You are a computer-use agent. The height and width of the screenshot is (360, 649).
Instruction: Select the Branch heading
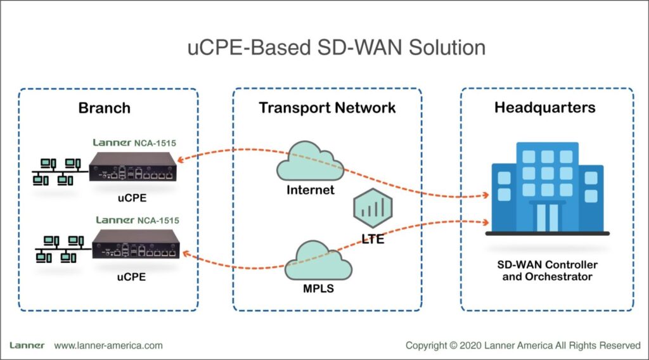pos(105,108)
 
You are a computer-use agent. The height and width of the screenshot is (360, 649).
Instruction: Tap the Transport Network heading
pos(327,108)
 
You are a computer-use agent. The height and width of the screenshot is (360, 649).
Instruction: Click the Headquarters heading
pos(544,108)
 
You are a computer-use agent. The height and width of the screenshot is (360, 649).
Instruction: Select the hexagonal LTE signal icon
pos(373,207)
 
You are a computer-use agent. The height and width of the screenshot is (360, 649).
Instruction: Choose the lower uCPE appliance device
pos(137,245)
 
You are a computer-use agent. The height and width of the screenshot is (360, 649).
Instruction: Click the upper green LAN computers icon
pos(58,172)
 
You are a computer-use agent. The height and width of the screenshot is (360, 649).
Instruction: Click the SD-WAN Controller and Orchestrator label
pos(546,271)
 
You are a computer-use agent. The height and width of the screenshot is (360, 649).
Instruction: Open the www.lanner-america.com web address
pos(108,345)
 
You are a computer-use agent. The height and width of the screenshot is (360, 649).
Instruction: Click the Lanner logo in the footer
pos(27,345)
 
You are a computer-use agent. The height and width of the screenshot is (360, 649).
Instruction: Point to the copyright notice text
pos(523,345)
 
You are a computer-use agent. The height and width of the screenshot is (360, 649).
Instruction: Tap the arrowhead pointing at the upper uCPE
pos(188,162)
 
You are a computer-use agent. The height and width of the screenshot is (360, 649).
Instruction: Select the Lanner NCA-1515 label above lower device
pos(137,220)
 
